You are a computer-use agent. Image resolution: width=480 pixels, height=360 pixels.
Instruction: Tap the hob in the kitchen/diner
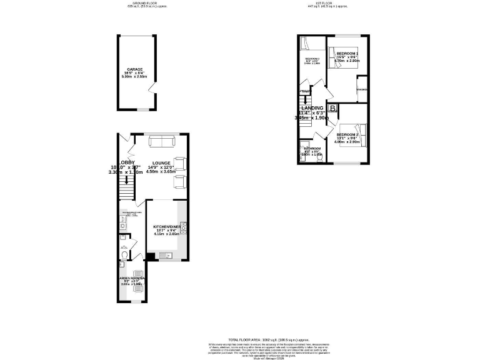coord(183,226)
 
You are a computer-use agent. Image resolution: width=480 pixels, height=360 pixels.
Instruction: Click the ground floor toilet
coord(124,256)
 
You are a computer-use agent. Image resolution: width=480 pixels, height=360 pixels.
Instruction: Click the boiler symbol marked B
coord(333,109)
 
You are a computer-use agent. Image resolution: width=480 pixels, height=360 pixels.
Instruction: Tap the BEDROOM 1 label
coord(347,54)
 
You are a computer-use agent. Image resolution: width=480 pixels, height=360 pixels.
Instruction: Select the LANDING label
coord(312,108)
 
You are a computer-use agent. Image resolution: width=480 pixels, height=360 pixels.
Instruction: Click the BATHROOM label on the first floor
coord(312,149)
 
